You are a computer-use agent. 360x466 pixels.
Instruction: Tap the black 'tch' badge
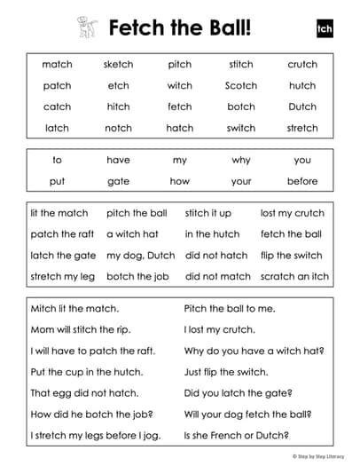323,28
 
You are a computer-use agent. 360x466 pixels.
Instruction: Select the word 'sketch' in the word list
118,65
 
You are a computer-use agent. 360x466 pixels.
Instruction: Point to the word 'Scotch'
240,86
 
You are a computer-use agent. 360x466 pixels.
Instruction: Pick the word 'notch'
118,128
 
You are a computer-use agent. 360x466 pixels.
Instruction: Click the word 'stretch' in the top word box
302,128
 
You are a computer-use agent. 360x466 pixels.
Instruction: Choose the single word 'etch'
118,86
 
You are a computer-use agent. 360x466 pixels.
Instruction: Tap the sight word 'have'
118,161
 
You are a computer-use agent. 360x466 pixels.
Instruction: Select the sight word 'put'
57,181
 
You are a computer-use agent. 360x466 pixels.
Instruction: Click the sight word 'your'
240,181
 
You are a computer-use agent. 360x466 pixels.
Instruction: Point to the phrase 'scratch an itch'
294,276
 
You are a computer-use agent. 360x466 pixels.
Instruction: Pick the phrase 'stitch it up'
208,213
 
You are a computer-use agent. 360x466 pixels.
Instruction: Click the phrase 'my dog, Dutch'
140,255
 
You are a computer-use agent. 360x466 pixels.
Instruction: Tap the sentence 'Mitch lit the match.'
74,309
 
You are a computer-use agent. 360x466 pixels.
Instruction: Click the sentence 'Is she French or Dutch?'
234,436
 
